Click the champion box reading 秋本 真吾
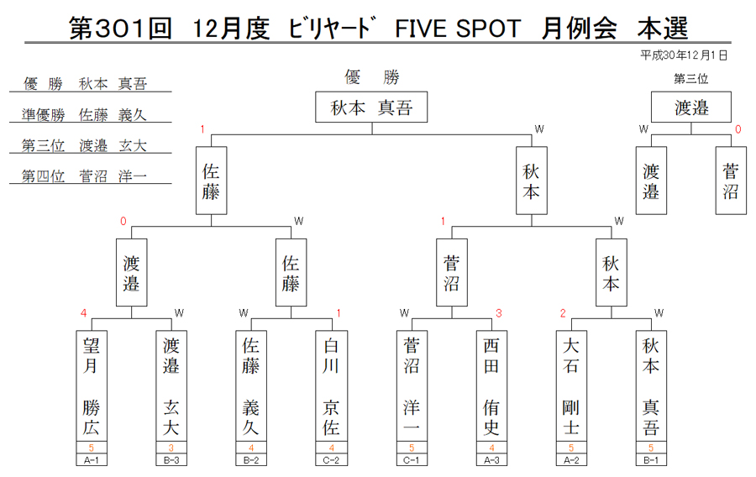point(371,107)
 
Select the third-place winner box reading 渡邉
point(691,107)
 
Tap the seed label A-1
point(91,460)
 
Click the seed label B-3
point(171,460)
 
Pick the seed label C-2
point(331,460)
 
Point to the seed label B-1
point(651,460)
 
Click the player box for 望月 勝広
point(91,386)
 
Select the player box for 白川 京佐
point(331,386)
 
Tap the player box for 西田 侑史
point(491,386)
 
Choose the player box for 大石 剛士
point(571,386)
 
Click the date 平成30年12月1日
point(684,55)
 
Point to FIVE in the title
point(422,29)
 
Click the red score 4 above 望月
point(83,313)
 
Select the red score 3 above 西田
point(499,313)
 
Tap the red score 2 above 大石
point(563,313)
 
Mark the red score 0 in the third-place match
point(738,129)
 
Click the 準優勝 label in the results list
point(44,115)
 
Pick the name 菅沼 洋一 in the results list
point(113,176)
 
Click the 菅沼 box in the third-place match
point(731,181)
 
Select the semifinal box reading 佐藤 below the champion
point(211,181)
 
